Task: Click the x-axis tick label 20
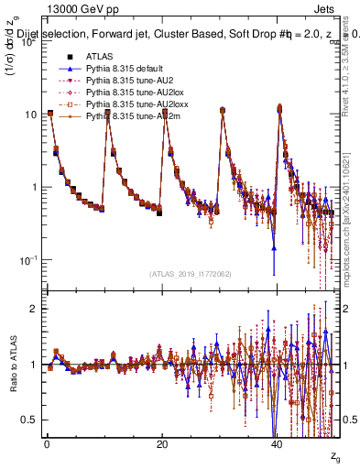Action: (x=162, y=445)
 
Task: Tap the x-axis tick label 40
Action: (x=277, y=445)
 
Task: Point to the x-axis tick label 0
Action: (x=47, y=445)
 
